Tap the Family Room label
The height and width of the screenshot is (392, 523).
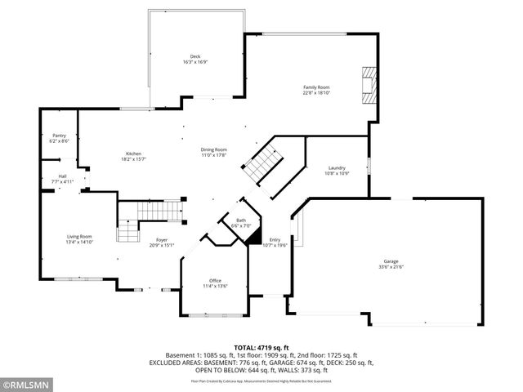[316, 87]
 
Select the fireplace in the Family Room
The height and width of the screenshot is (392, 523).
[368, 84]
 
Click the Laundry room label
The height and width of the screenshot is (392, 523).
[337, 167]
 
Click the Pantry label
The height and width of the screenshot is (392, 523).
[59, 136]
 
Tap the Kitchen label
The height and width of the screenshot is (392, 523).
[134, 154]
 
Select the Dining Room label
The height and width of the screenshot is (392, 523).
[214, 149]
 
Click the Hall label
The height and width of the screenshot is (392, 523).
[62, 176]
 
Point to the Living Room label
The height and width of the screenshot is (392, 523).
[79, 236]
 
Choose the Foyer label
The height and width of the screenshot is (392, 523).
[162, 239]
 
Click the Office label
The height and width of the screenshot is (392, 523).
[215, 280]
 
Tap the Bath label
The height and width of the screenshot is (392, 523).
[241, 220]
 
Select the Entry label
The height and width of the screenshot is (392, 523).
[275, 239]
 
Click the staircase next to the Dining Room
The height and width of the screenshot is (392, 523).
[263, 164]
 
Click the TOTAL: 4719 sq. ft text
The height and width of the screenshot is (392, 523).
[261, 346]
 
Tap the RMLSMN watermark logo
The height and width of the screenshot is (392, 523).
[26, 383]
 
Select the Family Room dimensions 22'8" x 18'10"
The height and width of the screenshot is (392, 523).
[316, 92]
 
